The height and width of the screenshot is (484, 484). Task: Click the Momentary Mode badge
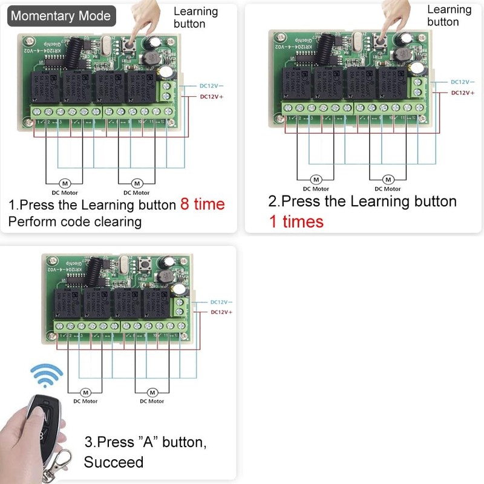(x=61, y=16)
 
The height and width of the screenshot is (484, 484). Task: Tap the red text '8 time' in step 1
(x=202, y=204)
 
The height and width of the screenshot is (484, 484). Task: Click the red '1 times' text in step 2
(x=296, y=221)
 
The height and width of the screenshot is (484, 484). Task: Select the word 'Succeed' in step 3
(x=114, y=462)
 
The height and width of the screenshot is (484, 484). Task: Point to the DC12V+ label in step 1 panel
(x=212, y=96)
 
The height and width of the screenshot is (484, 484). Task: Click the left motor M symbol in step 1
(x=65, y=183)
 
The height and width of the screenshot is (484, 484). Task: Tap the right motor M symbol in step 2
(x=388, y=180)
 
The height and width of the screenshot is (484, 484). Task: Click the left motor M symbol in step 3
(x=85, y=392)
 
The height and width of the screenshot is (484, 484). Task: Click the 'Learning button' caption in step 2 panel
(x=449, y=16)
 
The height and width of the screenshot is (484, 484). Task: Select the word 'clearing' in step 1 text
(x=118, y=221)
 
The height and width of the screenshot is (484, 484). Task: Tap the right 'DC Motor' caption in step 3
(x=152, y=401)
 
